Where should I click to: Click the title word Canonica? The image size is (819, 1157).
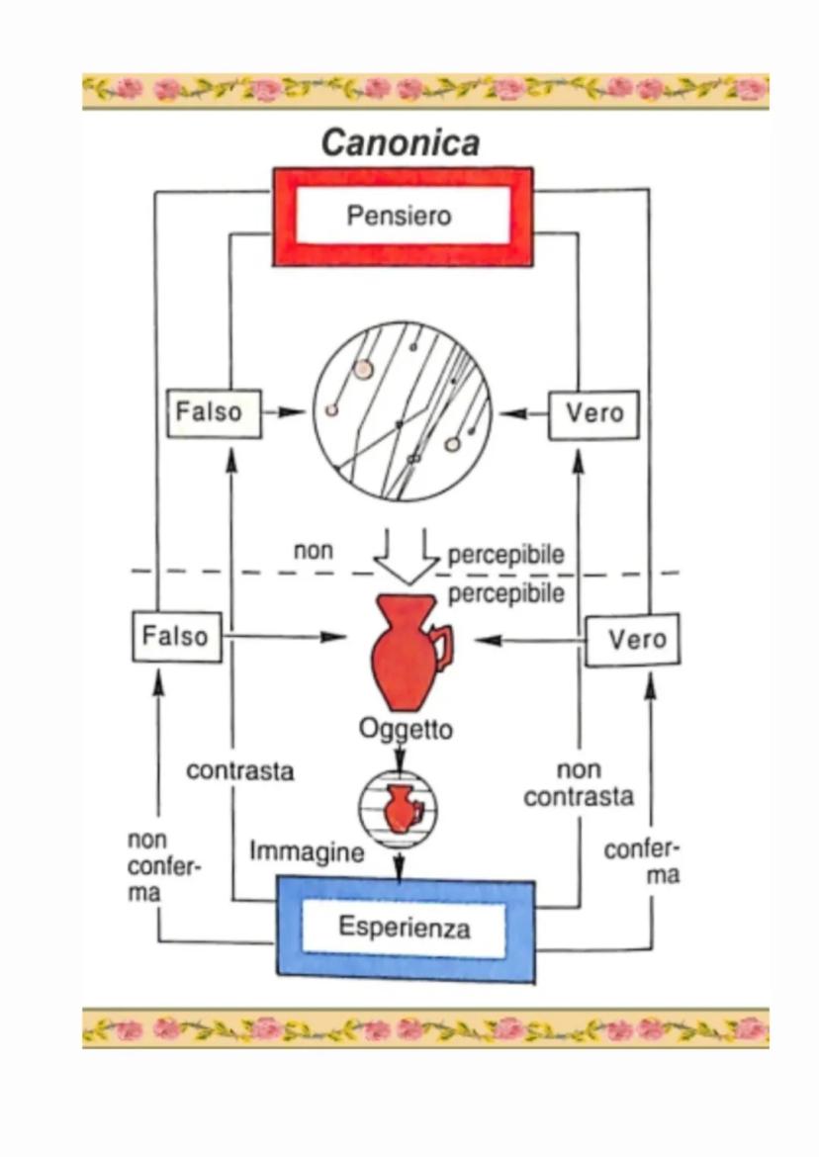pyautogui.click(x=401, y=143)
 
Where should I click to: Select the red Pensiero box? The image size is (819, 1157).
pyautogui.click(x=403, y=217)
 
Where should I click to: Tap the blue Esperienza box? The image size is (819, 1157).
pyautogui.click(x=405, y=928)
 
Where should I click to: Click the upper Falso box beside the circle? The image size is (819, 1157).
pyautogui.click(x=214, y=412)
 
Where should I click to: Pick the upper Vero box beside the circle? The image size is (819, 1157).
pyautogui.click(x=593, y=412)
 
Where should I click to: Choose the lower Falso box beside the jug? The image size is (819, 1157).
pyautogui.click(x=176, y=636)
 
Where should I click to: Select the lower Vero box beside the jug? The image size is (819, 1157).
pyautogui.click(x=632, y=640)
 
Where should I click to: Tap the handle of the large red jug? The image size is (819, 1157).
pyautogui.click(x=444, y=648)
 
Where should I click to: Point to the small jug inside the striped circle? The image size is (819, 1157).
pyautogui.click(x=400, y=808)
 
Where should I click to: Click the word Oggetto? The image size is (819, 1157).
pyautogui.click(x=406, y=731)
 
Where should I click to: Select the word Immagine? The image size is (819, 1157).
pyautogui.click(x=306, y=850)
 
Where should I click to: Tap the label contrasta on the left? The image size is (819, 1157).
pyautogui.click(x=240, y=771)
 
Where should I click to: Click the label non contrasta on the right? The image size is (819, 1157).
pyautogui.click(x=579, y=783)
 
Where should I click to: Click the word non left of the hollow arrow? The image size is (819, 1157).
pyautogui.click(x=314, y=551)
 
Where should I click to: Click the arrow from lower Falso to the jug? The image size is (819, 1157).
pyautogui.click(x=287, y=638)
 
